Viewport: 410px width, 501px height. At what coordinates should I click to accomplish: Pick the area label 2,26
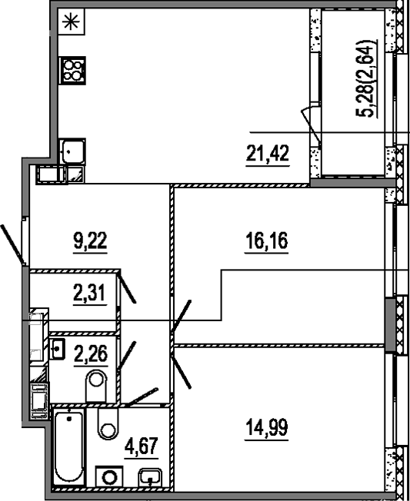pos(88,356)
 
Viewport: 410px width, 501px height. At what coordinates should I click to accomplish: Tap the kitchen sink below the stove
pos(72,151)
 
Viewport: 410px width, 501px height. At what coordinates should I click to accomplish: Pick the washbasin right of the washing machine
pos(148,478)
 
